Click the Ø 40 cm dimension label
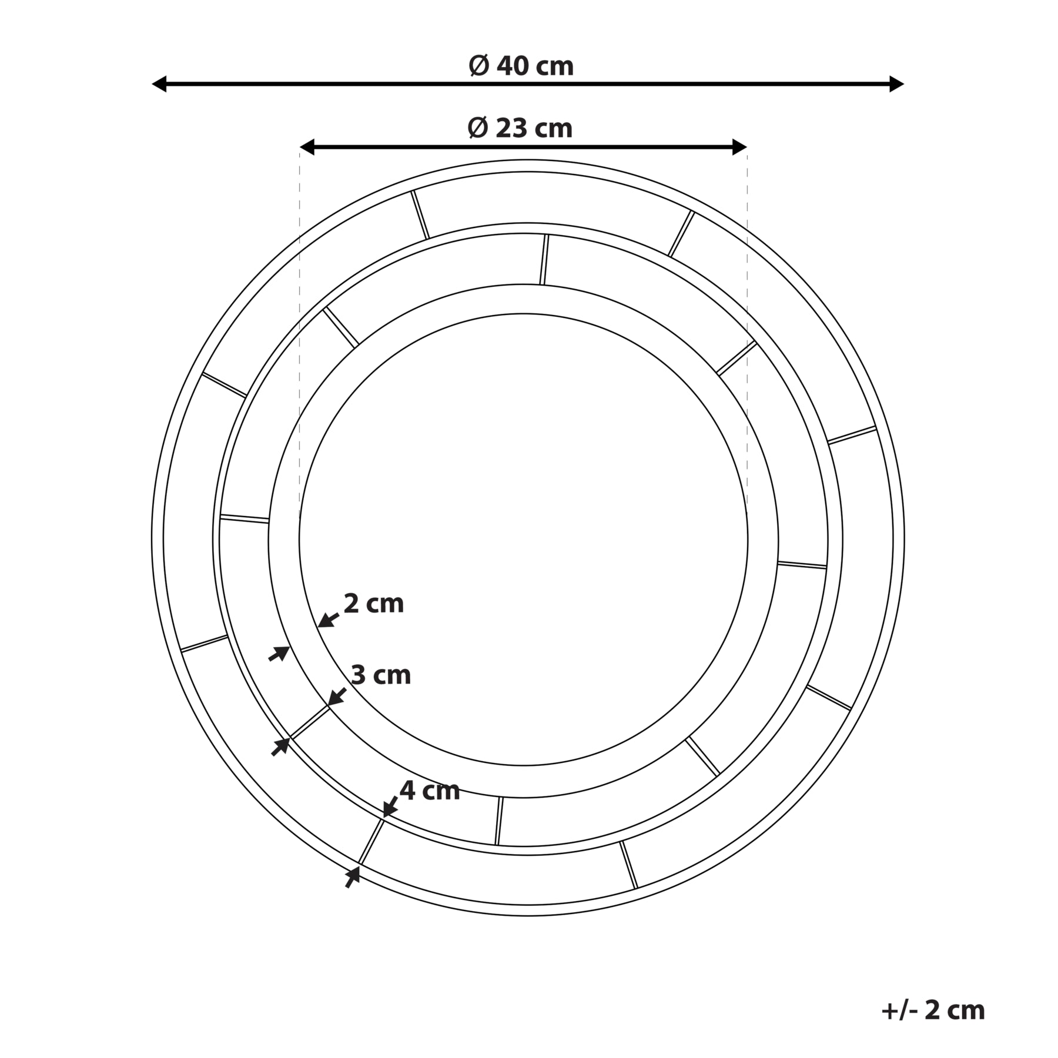[521, 66]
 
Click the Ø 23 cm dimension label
[520, 128]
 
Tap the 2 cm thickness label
[374, 604]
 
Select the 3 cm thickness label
[381, 675]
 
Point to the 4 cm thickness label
[430, 791]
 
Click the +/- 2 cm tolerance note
[933, 1010]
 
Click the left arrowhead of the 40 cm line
[159, 84]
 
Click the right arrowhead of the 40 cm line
[896, 84]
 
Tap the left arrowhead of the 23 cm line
[307, 148]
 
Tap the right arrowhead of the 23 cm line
[739, 148]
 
